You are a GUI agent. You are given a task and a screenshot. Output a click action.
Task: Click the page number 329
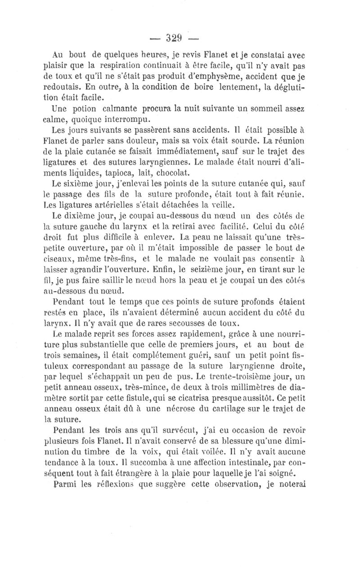[180, 38]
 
